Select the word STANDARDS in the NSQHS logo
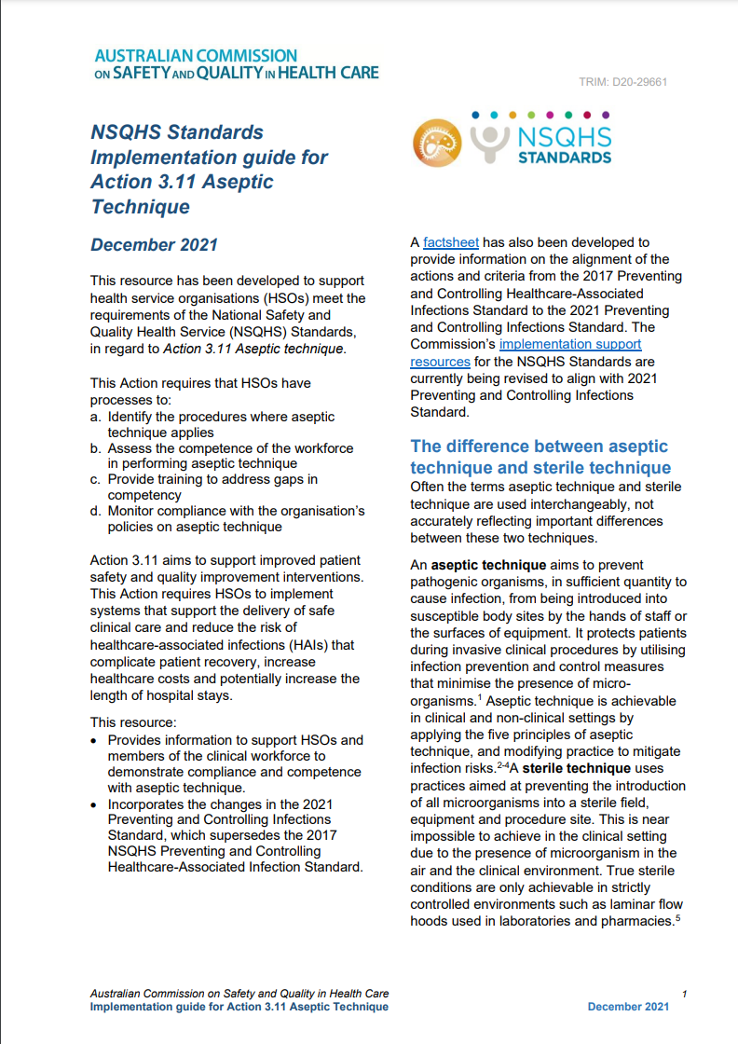(565, 158)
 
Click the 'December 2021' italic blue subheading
(154, 245)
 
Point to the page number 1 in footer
(684, 994)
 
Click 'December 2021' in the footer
(628, 1007)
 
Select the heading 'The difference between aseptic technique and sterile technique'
(540, 457)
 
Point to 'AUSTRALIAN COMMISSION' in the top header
(196, 56)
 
